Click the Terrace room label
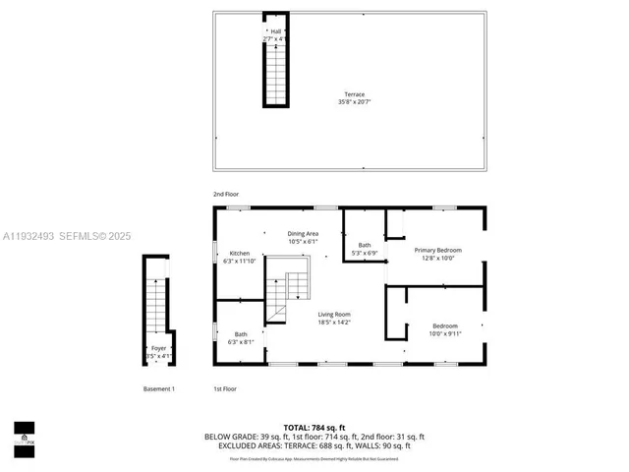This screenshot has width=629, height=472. click(x=351, y=94)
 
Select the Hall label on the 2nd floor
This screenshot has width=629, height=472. click(x=274, y=30)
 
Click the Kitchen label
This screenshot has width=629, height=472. click(x=240, y=253)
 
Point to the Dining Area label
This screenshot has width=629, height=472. click(x=302, y=233)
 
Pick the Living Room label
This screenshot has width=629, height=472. click(x=333, y=314)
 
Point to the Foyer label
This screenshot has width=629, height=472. click(x=158, y=348)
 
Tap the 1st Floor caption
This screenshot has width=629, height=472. click(x=225, y=389)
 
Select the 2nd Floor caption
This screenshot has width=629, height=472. click(x=226, y=195)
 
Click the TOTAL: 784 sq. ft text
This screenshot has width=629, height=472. click(x=314, y=427)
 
